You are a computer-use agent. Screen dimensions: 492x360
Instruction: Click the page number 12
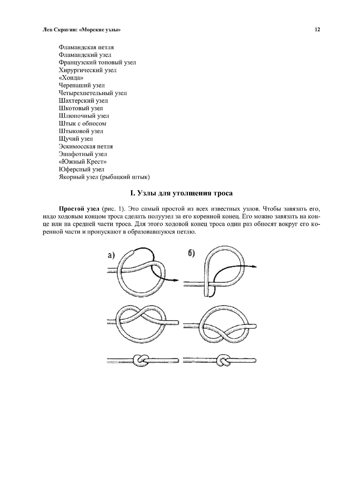pos(317,30)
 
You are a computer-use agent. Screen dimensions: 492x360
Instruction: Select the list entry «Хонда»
pos(71,78)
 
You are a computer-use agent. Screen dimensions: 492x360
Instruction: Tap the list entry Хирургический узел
pos(87,70)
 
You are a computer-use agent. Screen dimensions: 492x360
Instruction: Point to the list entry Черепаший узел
pos(82,85)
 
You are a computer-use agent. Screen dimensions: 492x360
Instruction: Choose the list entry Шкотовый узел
pos(81,108)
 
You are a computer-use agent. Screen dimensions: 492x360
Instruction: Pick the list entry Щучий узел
pos(76,139)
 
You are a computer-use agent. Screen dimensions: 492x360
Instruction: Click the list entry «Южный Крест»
pos(82,162)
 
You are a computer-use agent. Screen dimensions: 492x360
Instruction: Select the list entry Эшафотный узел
pos(83,154)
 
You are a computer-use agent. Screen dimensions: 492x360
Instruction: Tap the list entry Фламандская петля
pos(86,47)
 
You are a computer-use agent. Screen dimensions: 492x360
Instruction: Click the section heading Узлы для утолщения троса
pos(181,193)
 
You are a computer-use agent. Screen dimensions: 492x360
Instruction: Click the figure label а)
pos(111,255)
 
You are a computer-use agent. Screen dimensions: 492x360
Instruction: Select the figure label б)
pos(191,253)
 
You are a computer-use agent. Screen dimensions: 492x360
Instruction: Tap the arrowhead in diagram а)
pos(176,280)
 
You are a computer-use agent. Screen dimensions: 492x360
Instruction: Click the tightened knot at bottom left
pos(140,360)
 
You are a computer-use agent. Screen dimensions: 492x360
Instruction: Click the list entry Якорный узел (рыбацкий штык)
pos(104,177)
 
